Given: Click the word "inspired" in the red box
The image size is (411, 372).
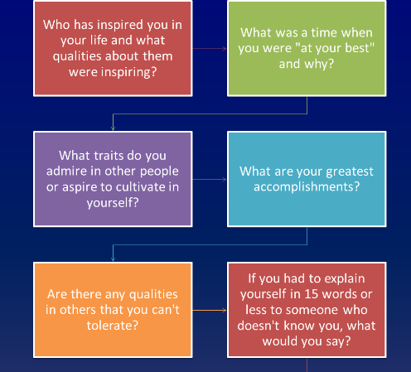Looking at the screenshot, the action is click(x=120, y=25).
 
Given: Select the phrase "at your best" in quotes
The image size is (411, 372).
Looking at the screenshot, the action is click(x=335, y=48).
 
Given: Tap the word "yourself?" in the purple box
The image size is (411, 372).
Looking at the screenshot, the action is click(x=113, y=203).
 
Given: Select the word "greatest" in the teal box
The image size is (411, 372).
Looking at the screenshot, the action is click(x=350, y=172).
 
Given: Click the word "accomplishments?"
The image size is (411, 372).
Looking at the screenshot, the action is click(x=307, y=187).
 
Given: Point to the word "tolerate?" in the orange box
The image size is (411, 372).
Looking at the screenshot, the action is click(x=113, y=326).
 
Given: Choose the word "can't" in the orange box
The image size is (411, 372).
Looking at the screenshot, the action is click(x=166, y=310).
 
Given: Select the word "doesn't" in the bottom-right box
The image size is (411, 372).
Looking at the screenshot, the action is click(x=259, y=326).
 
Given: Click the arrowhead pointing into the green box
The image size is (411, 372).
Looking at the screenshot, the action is click(x=225, y=49).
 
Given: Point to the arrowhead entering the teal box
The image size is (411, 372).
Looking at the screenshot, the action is click(x=225, y=180).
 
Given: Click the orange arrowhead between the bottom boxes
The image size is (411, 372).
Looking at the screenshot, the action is click(x=225, y=311).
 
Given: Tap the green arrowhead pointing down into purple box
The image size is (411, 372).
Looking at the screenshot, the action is click(x=113, y=128).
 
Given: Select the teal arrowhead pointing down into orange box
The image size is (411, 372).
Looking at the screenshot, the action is click(x=113, y=259).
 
